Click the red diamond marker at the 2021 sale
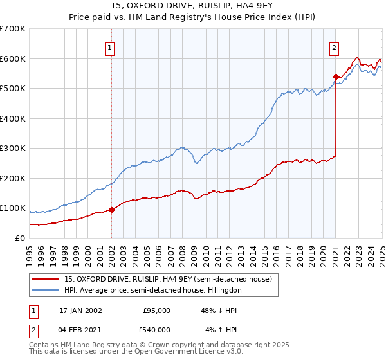point(336,76)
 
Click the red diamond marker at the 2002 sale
point(111,209)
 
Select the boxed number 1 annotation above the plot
point(111,47)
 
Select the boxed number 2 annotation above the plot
point(335,47)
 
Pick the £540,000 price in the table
point(156,330)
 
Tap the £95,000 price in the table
point(156,310)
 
